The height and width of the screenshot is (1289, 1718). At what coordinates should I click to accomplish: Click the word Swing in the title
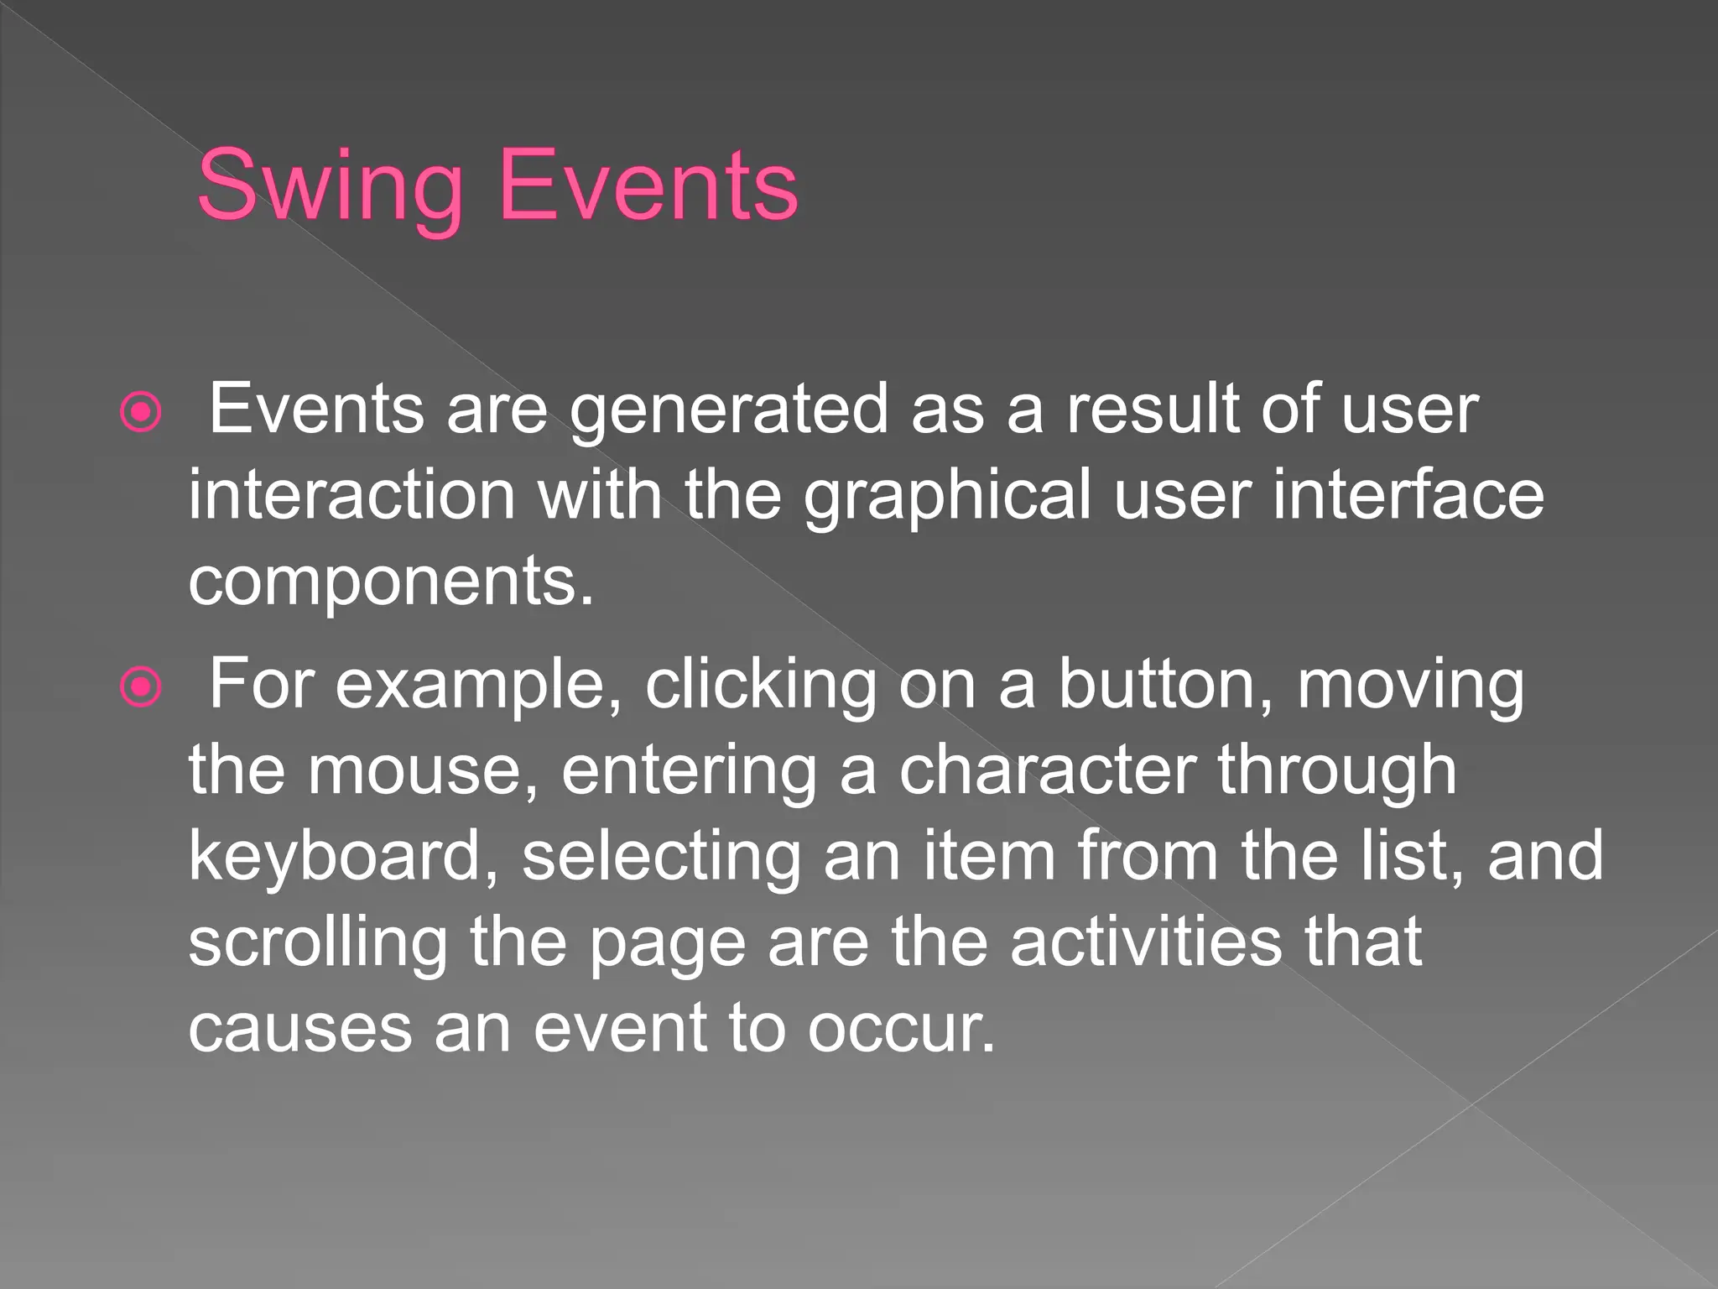coord(330,186)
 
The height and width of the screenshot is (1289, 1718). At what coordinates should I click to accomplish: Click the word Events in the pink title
coord(648,186)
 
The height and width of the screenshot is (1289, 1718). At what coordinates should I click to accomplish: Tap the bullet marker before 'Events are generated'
coord(141,412)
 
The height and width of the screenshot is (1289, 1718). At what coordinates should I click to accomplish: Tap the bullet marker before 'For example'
coord(141,688)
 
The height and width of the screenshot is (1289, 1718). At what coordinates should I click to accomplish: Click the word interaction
coord(351,495)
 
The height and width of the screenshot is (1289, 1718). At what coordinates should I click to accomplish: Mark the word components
coord(390,583)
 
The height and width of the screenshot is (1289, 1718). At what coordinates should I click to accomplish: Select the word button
coord(1166,685)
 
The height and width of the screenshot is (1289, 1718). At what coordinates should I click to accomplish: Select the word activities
coord(1146,942)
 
